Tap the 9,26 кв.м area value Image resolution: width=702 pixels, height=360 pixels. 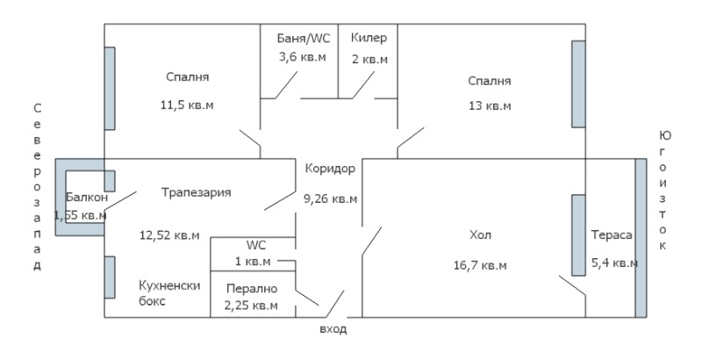point(330,198)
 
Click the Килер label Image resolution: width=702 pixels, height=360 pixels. point(369,39)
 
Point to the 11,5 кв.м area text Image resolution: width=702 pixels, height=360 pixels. point(188,104)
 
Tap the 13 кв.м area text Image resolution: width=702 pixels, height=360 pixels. point(489,105)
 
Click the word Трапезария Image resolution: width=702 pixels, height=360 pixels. point(196,191)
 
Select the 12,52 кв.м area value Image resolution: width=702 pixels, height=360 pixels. point(170,234)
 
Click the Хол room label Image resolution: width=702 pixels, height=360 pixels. point(480,235)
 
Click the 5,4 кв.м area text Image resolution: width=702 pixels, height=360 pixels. point(612,263)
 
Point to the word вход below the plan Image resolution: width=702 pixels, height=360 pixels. point(333,329)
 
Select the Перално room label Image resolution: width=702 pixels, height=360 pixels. point(252,288)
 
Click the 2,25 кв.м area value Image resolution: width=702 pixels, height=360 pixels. point(252,306)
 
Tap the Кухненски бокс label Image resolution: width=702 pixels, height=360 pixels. point(171,292)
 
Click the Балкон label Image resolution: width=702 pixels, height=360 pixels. point(86,197)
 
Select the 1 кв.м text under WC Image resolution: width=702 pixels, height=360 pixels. point(252,262)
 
